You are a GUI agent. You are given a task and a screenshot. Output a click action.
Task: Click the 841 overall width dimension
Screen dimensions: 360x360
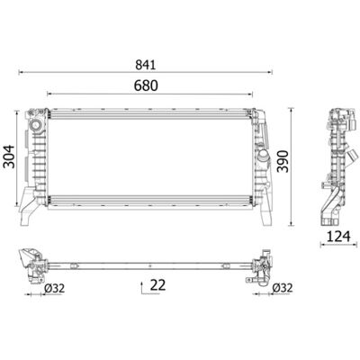[x=146, y=65]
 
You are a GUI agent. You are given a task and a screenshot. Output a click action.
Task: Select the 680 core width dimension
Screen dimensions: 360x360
[x=146, y=85]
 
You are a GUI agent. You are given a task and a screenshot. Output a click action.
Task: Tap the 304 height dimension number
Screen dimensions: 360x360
[x=8, y=157]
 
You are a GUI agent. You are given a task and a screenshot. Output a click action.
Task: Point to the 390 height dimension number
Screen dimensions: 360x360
[x=283, y=161]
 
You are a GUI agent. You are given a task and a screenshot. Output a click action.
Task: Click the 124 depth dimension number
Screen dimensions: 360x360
[x=338, y=237]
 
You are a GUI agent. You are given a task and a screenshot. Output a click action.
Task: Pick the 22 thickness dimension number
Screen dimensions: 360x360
[x=157, y=284]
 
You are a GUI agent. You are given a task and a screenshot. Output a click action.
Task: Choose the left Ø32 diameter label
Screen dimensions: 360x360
[x=54, y=288]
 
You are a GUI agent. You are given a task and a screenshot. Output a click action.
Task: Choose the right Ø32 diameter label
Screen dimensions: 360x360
[x=283, y=288]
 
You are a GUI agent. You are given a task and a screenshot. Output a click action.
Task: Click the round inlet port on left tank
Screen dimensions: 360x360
[x=35, y=125]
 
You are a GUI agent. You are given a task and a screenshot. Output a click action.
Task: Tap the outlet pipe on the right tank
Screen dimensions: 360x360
[x=262, y=157]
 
